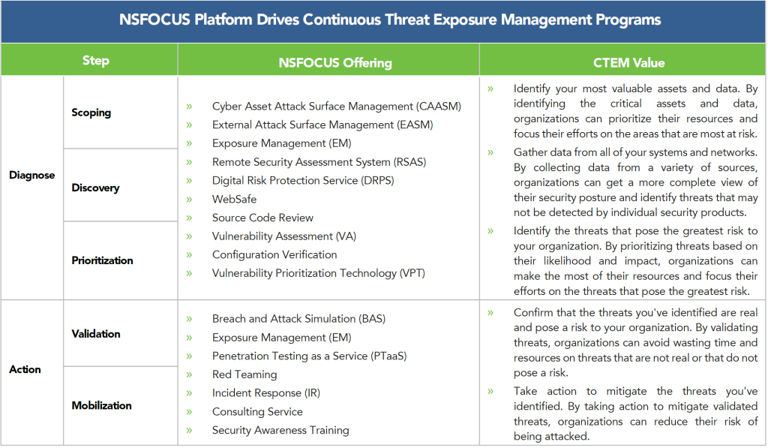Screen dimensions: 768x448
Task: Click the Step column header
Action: [95, 60]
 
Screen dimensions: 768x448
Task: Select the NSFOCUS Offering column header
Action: [335, 63]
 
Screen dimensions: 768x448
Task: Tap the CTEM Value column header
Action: [629, 63]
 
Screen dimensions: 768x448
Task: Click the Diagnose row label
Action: [31, 175]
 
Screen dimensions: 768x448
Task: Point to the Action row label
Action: [25, 369]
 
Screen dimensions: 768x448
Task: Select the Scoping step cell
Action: [91, 113]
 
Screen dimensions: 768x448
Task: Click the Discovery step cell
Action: [95, 188]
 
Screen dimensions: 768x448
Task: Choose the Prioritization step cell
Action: [102, 260]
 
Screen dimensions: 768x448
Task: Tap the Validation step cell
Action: [96, 334]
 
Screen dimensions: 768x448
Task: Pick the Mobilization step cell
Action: [101, 405]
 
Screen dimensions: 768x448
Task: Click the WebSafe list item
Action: [234, 199]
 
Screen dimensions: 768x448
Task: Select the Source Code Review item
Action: [262, 218]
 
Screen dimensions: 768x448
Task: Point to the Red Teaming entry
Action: [244, 374]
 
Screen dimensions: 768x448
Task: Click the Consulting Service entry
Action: [257, 412]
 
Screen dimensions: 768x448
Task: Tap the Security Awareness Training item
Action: [280, 430]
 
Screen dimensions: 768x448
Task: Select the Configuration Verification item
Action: [274, 255]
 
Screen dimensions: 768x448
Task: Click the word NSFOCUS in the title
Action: [154, 20]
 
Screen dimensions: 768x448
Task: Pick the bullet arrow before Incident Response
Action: [189, 393]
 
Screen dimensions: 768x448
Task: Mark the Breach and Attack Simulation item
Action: [298, 319]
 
